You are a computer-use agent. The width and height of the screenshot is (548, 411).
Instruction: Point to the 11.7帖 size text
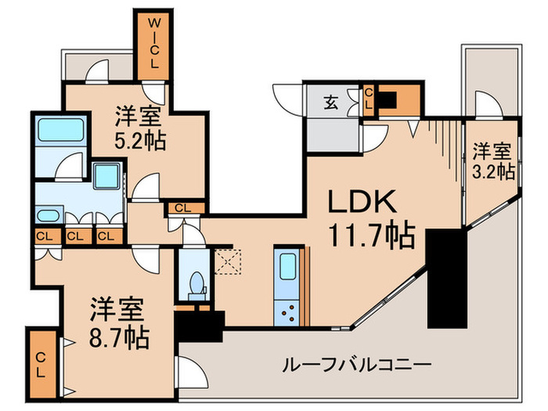(371, 236)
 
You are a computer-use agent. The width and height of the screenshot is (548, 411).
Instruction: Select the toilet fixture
(194, 282)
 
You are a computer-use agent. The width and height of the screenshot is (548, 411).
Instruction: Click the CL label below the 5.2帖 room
(182, 207)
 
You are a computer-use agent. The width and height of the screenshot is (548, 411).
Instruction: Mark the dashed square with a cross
(229, 260)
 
